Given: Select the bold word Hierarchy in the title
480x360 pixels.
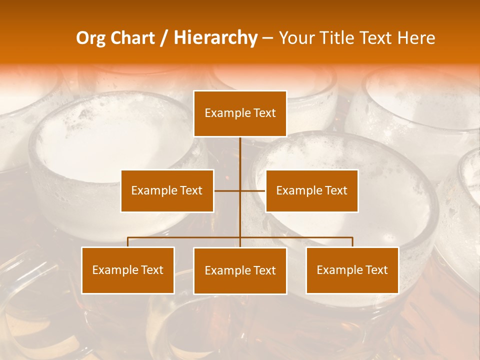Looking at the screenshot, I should (x=215, y=38).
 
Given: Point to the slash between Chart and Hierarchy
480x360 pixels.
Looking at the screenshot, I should (x=164, y=38).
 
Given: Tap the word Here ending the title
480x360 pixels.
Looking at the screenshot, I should (x=416, y=38).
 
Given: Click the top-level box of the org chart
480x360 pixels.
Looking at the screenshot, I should (x=240, y=113).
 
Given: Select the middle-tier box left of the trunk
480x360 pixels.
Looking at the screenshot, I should (x=167, y=190).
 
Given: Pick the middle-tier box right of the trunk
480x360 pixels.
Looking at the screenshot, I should (x=312, y=190).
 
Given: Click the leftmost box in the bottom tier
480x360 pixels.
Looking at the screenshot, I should (x=128, y=270).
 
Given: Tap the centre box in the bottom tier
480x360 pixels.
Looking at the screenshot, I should (x=240, y=270).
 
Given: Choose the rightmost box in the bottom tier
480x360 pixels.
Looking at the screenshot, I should (x=352, y=270).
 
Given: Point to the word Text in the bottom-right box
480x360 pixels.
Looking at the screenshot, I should (x=376, y=270).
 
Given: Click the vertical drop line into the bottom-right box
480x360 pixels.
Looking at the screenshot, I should (x=352, y=242).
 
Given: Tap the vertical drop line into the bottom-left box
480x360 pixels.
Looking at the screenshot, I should (x=128, y=242).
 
